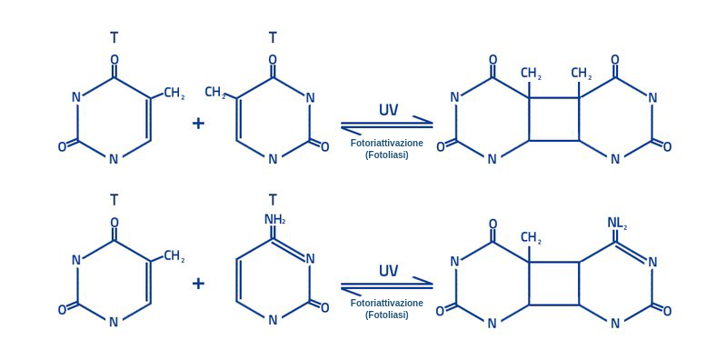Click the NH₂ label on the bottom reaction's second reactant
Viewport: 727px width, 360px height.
coord(274,219)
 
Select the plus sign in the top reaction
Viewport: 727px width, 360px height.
coord(199,124)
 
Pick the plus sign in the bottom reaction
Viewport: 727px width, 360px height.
coord(199,284)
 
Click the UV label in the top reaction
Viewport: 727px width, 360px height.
coord(388,110)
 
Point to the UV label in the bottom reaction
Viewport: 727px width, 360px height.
coord(388,271)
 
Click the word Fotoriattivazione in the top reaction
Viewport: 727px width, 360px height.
coord(386,143)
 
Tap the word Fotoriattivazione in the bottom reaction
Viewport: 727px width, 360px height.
coord(386,303)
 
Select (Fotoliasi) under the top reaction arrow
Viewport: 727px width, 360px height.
coord(386,155)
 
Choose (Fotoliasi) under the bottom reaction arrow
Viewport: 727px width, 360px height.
coord(386,315)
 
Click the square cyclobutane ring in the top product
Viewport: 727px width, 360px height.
coord(553,119)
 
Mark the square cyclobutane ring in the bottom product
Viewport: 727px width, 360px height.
coord(553,284)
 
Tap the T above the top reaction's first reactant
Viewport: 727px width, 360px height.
coord(115,37)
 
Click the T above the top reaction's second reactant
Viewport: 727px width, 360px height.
coord(273,37)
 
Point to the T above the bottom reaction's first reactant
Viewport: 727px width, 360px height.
coord(115,199)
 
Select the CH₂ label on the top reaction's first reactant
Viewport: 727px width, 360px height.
coord(174,94)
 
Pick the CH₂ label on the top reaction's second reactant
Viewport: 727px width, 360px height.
coord(215,92)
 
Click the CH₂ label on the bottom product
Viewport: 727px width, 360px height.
coord(531,238)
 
